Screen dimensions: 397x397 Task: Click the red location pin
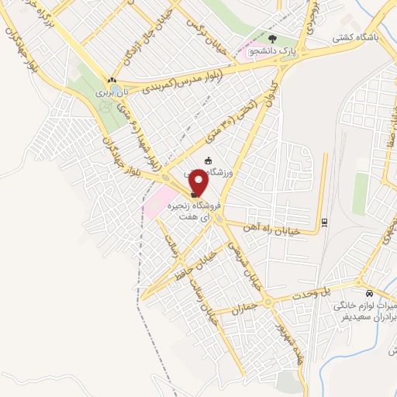(x=198, y=181)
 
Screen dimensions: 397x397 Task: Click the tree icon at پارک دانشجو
(x=271, y=38)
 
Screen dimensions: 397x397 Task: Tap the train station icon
(x=325, y=224)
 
